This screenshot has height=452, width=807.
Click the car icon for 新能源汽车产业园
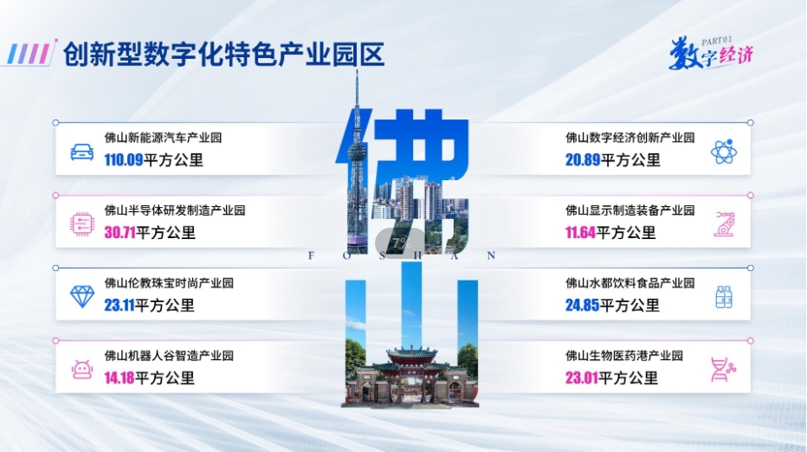click(x=82, y=152)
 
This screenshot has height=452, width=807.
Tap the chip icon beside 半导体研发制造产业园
click(x=82, y=224)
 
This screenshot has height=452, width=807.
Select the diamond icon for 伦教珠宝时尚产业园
click(x=82, y=297)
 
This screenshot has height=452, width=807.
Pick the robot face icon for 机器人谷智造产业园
click(x=82, y=370)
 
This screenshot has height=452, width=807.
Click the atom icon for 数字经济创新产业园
click(x=724, y=152)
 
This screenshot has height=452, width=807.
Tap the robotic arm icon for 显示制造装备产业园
click(x=724, y=224)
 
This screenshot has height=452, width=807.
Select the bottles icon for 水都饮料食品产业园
click(x=724, y=297)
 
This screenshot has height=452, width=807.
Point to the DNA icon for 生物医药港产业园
click(x=723, y=370)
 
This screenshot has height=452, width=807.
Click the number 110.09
click(x=124, y=160)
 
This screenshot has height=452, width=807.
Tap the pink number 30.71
click(x=119, y=233)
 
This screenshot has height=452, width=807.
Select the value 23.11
click(x=119, y=306)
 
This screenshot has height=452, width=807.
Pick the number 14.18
click(x=119, y=378)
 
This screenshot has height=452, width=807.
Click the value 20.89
click(x=583, y=160)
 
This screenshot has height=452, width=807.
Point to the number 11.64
click(x=580, y=233)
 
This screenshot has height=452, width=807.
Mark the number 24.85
click(x=583, y=306)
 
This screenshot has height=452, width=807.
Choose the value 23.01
click(x=582, y=378)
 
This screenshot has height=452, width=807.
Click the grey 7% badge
click(x=401, y=243)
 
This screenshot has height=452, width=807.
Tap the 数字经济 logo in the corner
click(x=711, y=53)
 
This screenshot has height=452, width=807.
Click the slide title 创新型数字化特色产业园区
click(x=224, y=55)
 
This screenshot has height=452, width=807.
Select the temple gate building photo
click(x=410, y=375)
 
